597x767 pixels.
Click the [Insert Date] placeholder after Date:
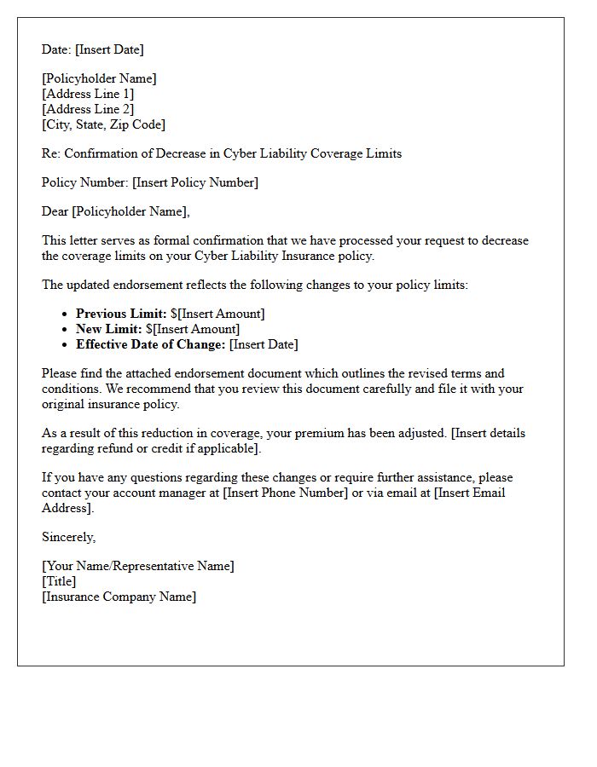[109, 49]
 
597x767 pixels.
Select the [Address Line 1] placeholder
[88, 94]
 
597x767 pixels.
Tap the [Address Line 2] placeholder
[88, 109]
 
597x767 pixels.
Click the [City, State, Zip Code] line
[103, 124]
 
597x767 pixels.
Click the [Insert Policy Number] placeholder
[195, 182]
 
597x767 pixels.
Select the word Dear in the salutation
[55, 211]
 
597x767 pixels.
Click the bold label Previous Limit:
[121, 314]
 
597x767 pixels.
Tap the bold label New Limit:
[109, 329]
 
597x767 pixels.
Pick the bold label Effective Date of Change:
[151, 344]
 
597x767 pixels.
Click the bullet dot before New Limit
[65, 330]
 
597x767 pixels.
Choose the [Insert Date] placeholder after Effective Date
[264, 344]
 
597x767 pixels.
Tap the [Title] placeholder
[59, 581]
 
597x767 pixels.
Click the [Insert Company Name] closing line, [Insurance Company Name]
[119, 597]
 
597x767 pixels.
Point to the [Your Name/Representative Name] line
[137, 566]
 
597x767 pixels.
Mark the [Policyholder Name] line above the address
[99, 78]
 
